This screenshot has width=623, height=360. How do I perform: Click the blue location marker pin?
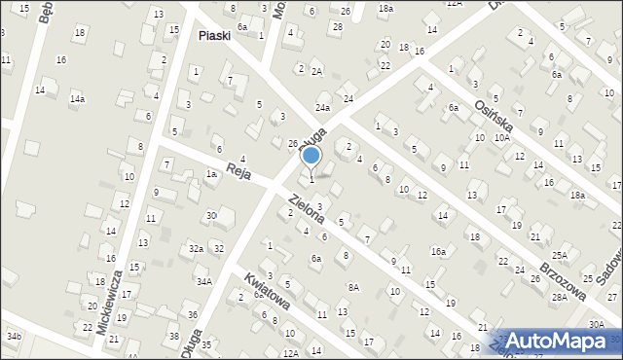[311, 156]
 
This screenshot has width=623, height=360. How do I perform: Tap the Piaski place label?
[218, 36]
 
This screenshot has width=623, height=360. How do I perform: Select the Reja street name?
[239, 171]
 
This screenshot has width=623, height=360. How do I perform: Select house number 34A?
[204, 281]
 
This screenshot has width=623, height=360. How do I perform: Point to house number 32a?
[197, 249]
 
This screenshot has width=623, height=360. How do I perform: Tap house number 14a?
[77, 99]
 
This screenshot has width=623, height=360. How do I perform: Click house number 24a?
[322, 108]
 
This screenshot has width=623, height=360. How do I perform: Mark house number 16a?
[439, 251]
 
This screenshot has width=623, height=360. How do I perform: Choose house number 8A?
[354, 287]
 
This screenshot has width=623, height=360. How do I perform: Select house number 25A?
[560, 255]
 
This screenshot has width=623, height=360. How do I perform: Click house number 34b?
[14, 337]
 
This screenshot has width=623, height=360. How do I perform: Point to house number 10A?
[501, 138]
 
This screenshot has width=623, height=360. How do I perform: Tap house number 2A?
[316, 71]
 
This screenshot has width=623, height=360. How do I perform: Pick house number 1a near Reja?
[210, 173]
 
